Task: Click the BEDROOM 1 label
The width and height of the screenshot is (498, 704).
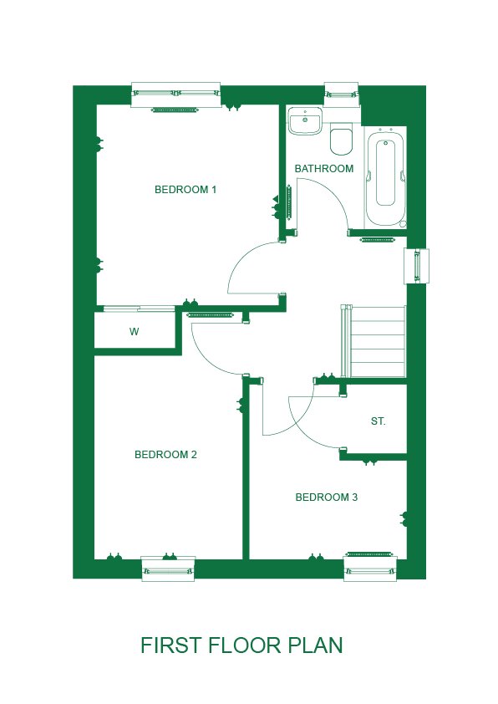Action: tap(185, 190)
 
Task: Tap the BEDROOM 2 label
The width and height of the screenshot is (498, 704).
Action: tap(165, 454)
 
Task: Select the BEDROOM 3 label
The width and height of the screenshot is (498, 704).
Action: tap(326, 497)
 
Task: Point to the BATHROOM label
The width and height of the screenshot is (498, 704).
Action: tap(324, 168)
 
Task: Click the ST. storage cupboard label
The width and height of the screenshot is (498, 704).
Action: tap(379, 421)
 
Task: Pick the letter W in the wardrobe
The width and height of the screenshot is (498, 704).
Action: tap(135, 332)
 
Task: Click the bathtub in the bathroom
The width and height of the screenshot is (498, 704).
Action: tap(385, 178)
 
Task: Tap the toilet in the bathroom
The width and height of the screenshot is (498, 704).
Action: tap(342, 140)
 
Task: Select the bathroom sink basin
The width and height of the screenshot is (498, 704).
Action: tap(305, 120)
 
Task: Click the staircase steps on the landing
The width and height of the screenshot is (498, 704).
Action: tap(374, 341)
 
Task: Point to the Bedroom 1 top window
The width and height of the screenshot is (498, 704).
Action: tap(175, 94)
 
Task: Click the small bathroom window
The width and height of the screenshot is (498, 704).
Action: tap(342, 94)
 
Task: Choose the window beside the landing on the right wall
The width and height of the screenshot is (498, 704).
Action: tap(416, 266)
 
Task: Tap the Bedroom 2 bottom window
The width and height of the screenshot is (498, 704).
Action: tap(168, 569)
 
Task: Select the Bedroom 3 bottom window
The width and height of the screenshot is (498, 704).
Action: tap(370, 569)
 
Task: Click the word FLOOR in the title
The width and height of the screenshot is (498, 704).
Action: tap(246, 645)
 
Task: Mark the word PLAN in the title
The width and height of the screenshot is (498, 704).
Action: tap(315, 645)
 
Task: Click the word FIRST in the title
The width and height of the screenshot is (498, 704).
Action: tap(171, 645)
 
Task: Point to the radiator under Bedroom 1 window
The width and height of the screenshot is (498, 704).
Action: tap(175, 110)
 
